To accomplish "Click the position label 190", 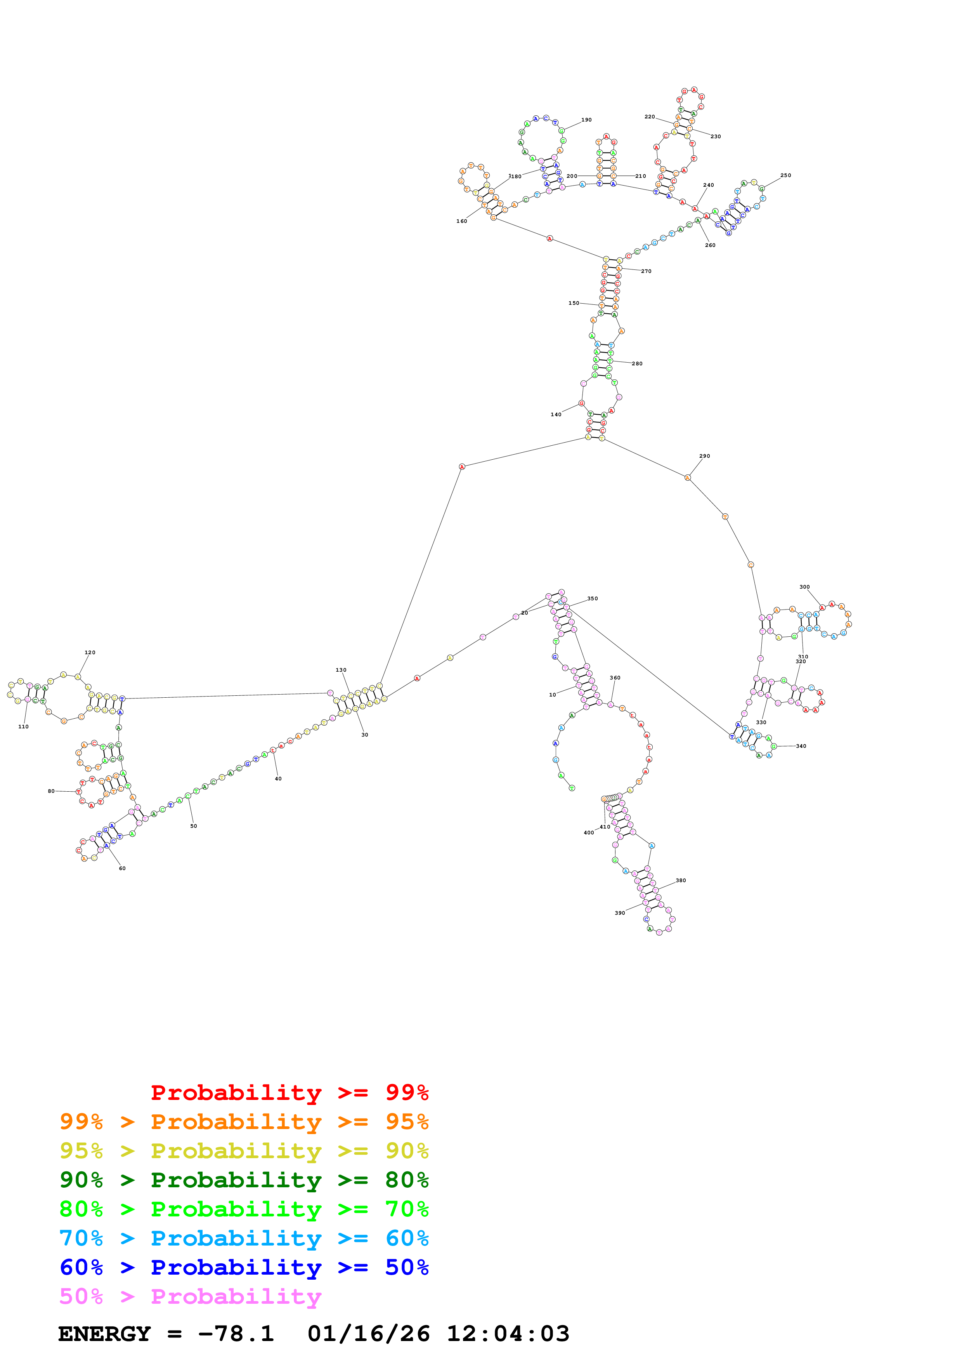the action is coord(586,120).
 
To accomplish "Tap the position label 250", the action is coord(785,175).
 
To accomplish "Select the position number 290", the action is coord(704,456).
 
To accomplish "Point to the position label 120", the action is coord(90,653).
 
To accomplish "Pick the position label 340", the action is coord(801,746).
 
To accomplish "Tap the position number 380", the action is coord(680,880).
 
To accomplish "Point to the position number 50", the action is coord(193,826).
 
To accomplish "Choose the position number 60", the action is coord(122,869).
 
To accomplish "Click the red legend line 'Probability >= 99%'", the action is coord(289,1092).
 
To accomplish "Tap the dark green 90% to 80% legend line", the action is coord(244,1180).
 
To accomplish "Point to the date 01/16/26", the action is coord(368,1334).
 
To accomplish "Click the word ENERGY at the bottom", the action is coord(104,1334).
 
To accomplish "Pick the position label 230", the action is coord(716,136).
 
